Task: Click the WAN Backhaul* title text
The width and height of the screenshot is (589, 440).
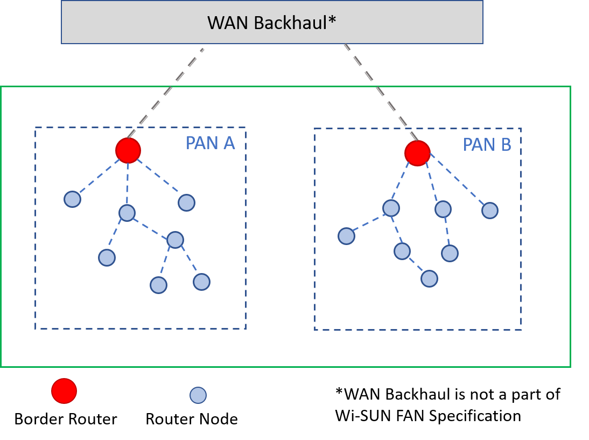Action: click(x=271, y=23)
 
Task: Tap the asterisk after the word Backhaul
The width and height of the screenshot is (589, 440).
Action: click(x=332, y=20)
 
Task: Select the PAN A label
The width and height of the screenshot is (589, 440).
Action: click(x=210, y=143)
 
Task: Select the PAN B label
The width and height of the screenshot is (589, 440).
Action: click(x=487, y=145)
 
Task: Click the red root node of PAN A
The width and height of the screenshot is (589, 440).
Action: click(x=128, y=150)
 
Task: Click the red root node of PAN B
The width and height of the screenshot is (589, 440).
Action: click(x=417, y=153)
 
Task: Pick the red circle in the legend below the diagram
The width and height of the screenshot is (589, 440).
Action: click(x=64, y=390)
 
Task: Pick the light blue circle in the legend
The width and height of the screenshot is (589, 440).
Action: click(x=198, y=395)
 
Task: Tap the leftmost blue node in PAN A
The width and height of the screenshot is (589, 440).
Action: click(x=72, y=199)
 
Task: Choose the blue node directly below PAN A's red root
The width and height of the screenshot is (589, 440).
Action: click(x=127, y=213)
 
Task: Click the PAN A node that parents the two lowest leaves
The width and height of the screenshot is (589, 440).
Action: click(x=175, y=240)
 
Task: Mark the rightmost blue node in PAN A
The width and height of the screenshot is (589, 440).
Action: click(x=201, y=282)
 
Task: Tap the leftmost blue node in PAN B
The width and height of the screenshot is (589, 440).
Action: click(x=346, y=236)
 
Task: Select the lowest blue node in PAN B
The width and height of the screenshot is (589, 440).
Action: click(x=429, y=278)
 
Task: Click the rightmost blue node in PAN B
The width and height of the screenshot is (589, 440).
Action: click(x=489, y=211)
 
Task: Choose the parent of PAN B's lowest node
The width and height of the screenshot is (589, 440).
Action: click(x=402, y=251)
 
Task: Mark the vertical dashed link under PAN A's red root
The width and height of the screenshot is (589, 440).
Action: click(x=128, y=183)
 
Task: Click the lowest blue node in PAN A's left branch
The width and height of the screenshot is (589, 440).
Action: click(x=107, y=257)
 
